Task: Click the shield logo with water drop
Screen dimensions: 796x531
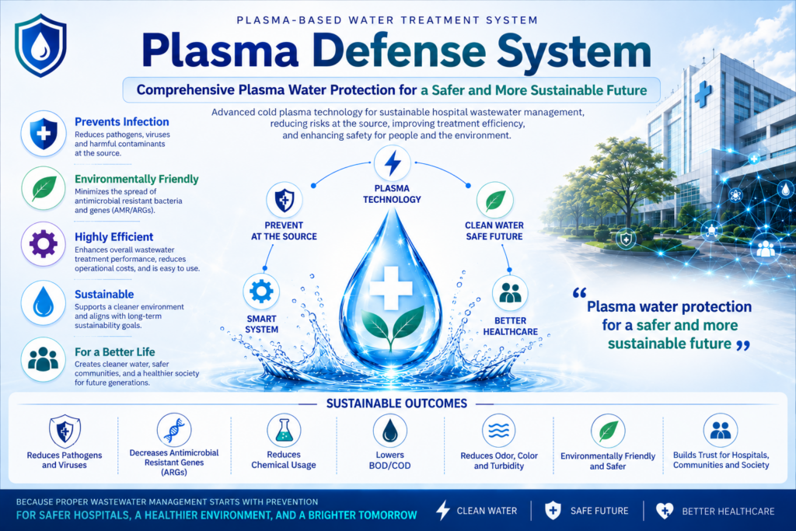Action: pyautogui.click(x=40, y=45)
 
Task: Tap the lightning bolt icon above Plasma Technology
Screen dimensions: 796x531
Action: pyautogui.click(x=392, y=164)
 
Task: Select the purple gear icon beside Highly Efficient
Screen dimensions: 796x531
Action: pyautogui.click(x=44, y=243)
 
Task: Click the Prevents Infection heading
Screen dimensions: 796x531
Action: pyautogui.click(x=122, y=122)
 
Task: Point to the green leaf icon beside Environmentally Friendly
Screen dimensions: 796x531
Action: pyautogui.click(x=44, y=188)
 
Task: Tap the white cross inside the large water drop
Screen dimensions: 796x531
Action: pyautogui.click(x=390, y=288)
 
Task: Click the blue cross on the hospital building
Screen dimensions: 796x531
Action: pyautogui.click(x=703, y=94)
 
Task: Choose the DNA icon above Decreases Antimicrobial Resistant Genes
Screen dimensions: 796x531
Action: pyautogui.click(x=174, y=430)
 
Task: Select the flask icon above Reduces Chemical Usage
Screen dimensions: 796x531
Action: pyautogui.click(x=284, y=431)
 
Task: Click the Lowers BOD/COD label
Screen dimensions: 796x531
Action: pyautogui.click(x=390, y=460)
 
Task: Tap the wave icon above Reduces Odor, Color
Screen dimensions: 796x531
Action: pyautogui.click(x=498, y=431)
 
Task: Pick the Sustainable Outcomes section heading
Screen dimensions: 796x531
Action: pyautogui.click(x=396, y=403)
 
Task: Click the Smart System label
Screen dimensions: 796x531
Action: pyautogui.click(x=261, y=324)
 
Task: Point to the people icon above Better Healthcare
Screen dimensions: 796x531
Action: pyautogui.click(x=510, y=293)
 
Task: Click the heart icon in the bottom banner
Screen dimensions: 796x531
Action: pyautogui.click(x=665, y=511)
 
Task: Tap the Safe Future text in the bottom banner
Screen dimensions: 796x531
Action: pyautogui.click(x=599, y=512)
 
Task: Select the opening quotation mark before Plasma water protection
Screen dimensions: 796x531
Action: pyautogui.click(x=579, y=293)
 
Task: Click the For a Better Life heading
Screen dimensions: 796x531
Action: pyautogui.click(x=115, y=352)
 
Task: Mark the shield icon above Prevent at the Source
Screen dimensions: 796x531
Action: pyautogui.click(x=285, y=200)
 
